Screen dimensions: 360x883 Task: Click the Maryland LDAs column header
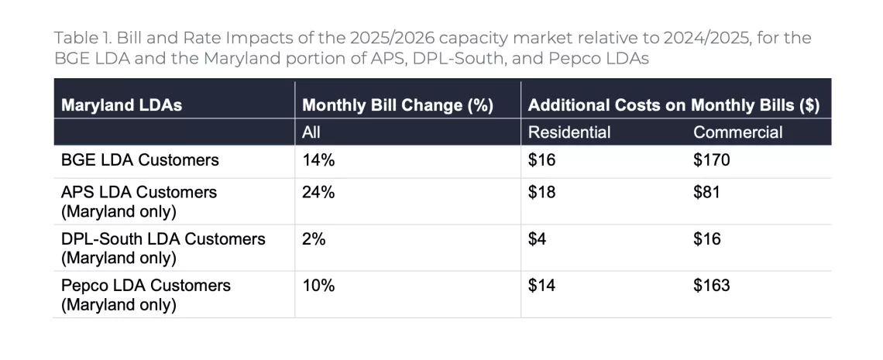(x=122, y=105)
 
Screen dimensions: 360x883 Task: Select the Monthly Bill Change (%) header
(x=397, y=105)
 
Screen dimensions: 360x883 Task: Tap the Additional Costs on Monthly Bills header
(x=673, y=105)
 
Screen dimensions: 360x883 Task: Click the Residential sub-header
(x=569, y=132)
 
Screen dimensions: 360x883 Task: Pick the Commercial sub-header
(x=737, y=132)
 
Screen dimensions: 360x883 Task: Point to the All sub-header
(x=311, y=132)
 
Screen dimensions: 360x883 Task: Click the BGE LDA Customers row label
(x=140, y=160)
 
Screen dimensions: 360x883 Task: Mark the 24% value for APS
(x=318, y=192)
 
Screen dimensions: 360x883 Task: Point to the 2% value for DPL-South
(x=314, y=239)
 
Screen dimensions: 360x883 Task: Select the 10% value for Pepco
(x=318, y=286)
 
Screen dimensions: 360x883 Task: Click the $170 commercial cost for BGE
(x=711, y=160)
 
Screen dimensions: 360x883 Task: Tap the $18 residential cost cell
(x=542, y=192)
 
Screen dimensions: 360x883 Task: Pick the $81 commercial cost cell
(x=706, y=192)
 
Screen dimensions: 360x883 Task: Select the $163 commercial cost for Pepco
(x=711, y=286)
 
